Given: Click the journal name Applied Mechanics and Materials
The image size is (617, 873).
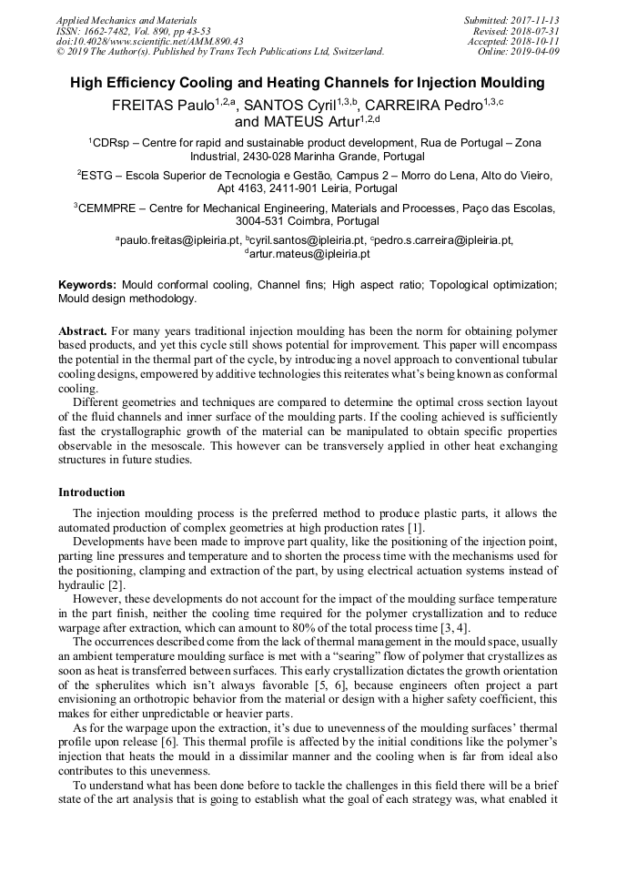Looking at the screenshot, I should click(x=114, y=19).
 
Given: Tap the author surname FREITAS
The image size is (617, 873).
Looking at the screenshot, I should click(x=143, y=106).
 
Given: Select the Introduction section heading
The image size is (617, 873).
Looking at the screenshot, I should click(x=92, y=492).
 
